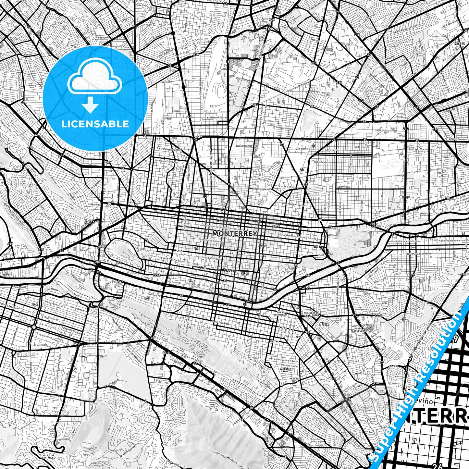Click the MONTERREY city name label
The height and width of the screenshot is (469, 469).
[x=234, y=234]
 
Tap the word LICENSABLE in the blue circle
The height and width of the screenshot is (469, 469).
[x=95, y=124]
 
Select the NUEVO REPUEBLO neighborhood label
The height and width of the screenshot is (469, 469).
[x=281, y=314]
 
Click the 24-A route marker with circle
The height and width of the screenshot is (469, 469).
[x=229, y=270]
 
